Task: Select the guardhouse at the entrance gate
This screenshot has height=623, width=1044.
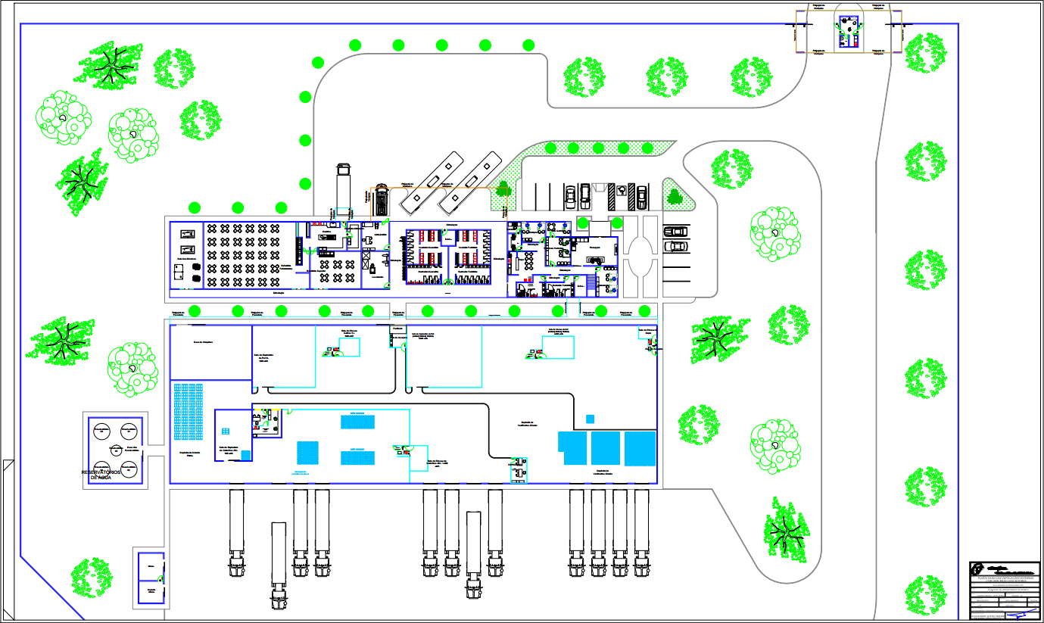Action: [x=848, y=31]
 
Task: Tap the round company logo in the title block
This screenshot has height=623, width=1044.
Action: [x=978, y=568]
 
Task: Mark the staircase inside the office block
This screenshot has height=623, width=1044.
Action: [x=591, y=287]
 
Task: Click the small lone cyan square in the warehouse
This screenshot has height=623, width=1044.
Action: [x=590, y=419]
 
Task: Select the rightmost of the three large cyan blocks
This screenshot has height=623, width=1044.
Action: [x=640, y=448]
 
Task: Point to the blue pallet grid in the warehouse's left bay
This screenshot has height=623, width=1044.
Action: [x=189, y=413]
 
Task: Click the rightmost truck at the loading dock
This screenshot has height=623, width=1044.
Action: [x=642, y=533]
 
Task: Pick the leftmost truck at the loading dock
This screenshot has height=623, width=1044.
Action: [x=236, y=533]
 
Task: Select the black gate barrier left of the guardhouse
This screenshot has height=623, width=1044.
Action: [x=793, y=31]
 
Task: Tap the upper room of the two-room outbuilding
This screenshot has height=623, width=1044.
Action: [x=152, y=565]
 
